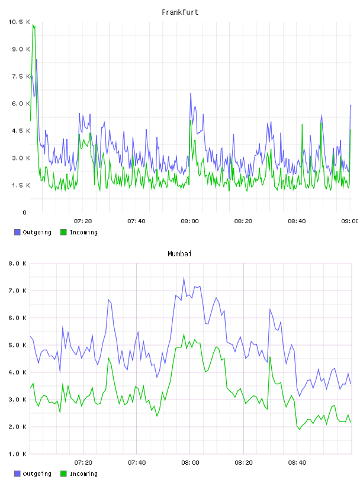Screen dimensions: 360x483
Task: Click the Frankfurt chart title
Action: pyautogui.click(x=180, y=12)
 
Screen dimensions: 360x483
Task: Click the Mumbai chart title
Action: pyautogui.click(x=179, y=254)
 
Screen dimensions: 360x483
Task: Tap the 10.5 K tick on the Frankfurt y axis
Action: pyautogui.click(x=19, y=22)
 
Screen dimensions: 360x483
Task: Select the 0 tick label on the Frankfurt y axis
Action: pyautogui.click(x=25, y=212)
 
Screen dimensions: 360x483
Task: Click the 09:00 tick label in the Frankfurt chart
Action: pyautogui.click(x=349, y=221)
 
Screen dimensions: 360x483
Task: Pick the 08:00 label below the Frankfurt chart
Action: pyautogui.click(x=190, y=221)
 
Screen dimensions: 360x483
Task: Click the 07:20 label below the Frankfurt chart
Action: pyautogui.click(x=83, y=221)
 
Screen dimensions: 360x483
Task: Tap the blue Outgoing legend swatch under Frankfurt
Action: pyautogui.click(x=17, y=232)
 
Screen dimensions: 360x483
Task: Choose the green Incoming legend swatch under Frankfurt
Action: pyautogui.click(x=63, y=232)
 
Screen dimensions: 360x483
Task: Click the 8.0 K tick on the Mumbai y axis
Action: pyautogui.click(x=17, y=263)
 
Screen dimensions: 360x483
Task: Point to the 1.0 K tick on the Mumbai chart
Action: pyautogui.click(x=17, y=454)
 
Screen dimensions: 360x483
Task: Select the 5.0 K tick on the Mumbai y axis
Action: pyautogui.click(x=17, y=345)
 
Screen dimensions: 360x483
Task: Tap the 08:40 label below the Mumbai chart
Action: pyautogui.click(x=297, y=463)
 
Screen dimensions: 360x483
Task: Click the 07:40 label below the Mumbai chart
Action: pyautogui.click(x=137, y=463)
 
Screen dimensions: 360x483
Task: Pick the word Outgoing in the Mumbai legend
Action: pyautogui.click(x=37, y=474)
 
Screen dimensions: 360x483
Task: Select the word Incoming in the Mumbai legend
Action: pyautogui.click(x=83, y=474)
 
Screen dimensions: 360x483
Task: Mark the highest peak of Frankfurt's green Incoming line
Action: pyautogui.click(x=33, y=24)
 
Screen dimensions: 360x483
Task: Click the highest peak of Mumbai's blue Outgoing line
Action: pyautogui.click(x=184, y=278)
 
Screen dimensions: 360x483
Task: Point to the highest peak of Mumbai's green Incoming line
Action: pyautogui.click(x=184, y=334)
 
